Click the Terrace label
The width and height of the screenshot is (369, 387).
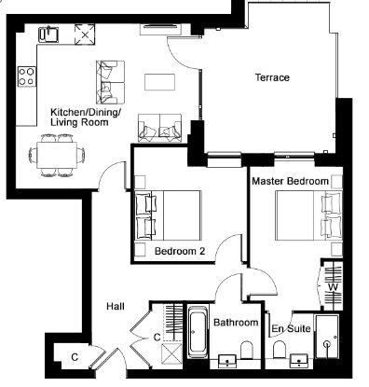[x=272, y=77]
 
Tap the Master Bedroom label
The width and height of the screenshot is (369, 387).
[x=290, y=181]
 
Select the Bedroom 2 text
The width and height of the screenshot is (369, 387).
[x=180, y=251]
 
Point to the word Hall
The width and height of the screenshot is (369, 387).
[x=116, y=306]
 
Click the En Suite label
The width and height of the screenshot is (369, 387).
[x=291, y=328]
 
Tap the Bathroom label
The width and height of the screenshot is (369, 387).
[x=236, y=323]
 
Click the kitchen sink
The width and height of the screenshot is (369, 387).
[x=48, y=35]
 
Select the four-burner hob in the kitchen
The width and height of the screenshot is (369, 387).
[x=27, y=76]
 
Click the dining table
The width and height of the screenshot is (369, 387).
[x=57, y=155]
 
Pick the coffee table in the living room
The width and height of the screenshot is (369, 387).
[x=159, y=82]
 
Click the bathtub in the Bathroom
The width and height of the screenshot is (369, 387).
[x=198, y=333]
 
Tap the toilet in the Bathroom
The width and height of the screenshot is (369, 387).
[x=247, y=350]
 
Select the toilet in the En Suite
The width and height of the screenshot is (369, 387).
[x=280, y=350]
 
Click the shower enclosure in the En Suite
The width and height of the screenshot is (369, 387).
[x=327, y=337]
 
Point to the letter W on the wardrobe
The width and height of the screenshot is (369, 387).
[x=333, y=287]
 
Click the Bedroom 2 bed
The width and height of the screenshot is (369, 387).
[x=169, y=215]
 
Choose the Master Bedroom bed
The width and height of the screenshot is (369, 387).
[x=308, y=215]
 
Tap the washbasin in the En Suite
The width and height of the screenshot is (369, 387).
[x=299, y=361]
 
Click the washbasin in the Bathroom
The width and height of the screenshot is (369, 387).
[x=227, y=361]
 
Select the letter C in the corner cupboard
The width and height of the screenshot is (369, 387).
[x=75, y=357]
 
